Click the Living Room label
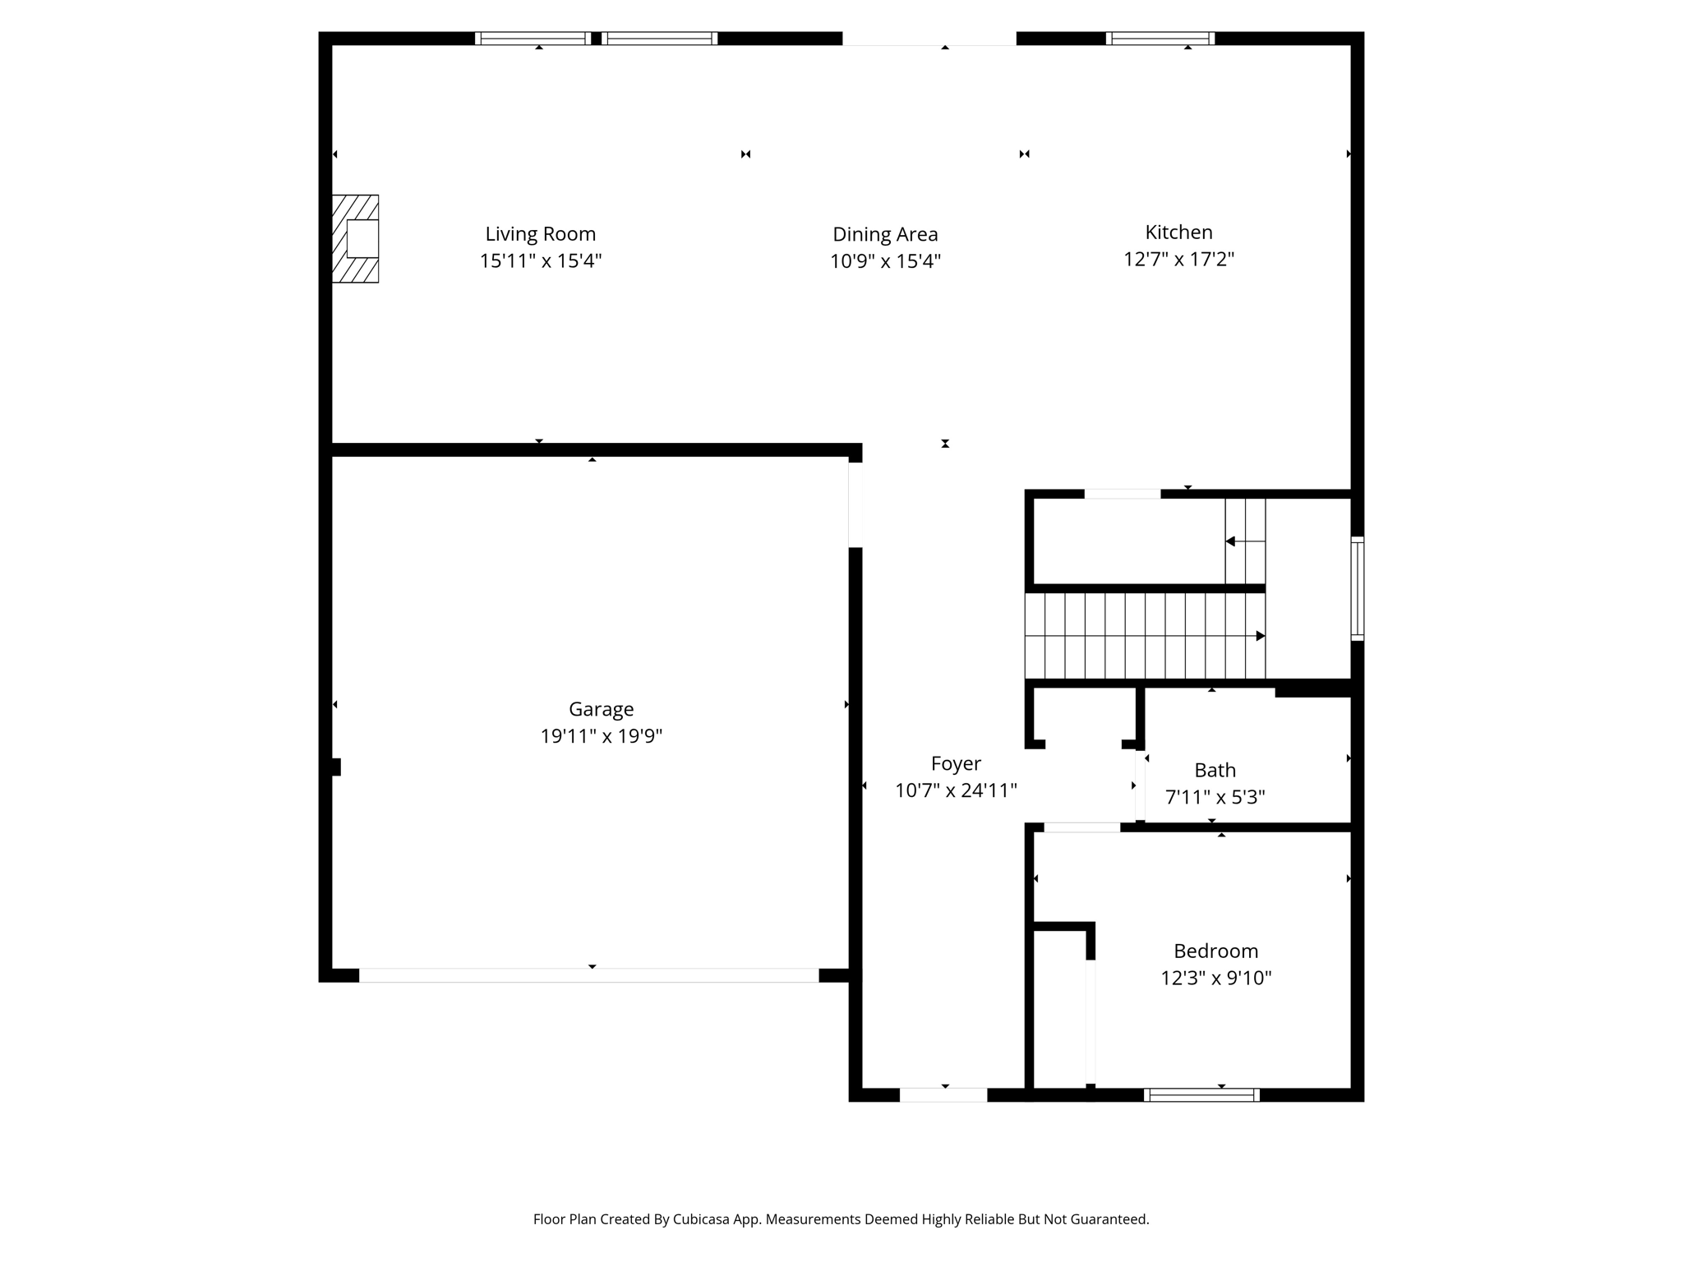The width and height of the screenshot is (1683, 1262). pyautogui.click(x=540, y=234)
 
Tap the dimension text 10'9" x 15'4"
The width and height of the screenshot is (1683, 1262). pyautogui.click(x=885, y=261)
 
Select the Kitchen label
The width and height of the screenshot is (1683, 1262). pyautogui.click(x=1178, y=232)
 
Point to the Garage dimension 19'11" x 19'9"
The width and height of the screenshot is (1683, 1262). pyautogui.click(x=601, y=736)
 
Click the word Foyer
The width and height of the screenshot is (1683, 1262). pyautogui.click(x=956, y=763)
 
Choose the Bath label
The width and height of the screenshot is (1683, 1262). pyautogui.click(x=1215, y=770)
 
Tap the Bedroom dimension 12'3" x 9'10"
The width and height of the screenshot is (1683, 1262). pyautogui.click(x=1215, y=978)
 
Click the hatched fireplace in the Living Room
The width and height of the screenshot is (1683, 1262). pyautogui.click(x=355, y=239)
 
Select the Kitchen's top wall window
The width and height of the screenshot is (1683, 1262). pyautogui.click(x=1160, y=39)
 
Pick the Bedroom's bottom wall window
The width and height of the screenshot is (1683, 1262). pyautogui.click(x=1201, y=1094)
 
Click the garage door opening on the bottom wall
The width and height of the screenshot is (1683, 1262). pyautogui.click(x=588, y=975)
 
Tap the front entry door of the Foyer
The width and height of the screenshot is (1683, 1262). pyautogui.click(x=943, y=1094)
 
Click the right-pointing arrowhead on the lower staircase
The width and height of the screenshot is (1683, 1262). pyautogui.click(x=1260, y=636)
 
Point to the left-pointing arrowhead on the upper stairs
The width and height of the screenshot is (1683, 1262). pyautogui.click(x=1230, y=541)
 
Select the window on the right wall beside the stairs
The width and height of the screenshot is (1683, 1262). pyautogui.click(x=1358, y=588)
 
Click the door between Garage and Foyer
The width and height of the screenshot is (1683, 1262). pyautogui.click(x=855, y=505)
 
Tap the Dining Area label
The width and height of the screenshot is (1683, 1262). pyautogui.click(x=885, y=234)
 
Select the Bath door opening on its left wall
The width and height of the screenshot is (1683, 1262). pyautogui.click(x=1140, y=786)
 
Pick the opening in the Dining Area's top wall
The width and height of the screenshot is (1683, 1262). pyautogui.click(x=929, y=39)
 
